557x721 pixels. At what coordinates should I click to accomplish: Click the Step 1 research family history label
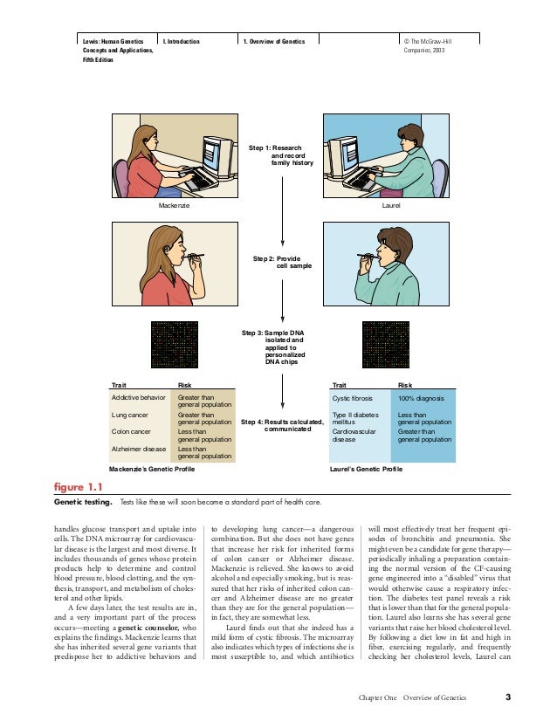281,155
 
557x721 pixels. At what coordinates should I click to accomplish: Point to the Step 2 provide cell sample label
282,263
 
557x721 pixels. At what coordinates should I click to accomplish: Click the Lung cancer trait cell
130,415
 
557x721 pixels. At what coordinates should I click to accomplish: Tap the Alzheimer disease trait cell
139,449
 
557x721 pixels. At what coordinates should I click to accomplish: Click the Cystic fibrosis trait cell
352,397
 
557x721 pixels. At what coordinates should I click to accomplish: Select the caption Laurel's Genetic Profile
367,469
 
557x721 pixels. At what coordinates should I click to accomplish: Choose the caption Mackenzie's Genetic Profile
146,469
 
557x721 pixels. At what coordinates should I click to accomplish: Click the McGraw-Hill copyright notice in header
429,46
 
